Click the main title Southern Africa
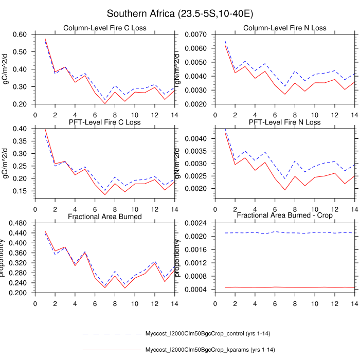click(180, 13)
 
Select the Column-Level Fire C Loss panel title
click(104, 28)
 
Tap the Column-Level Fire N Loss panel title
click(284, 28)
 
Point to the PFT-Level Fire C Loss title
click(104, 122)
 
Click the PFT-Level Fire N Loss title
click(284, 122)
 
